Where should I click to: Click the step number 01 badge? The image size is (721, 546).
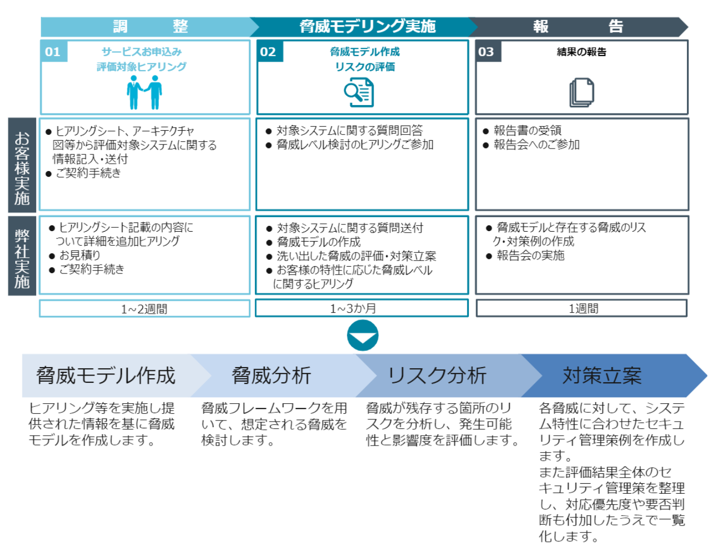(x=53, y=52)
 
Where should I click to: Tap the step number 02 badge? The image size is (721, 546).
(x=268, y=52)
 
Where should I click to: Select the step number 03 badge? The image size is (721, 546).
(x=487, y=52)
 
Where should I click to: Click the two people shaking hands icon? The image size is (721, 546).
(x=144, y=93)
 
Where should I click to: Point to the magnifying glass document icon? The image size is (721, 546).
(x=359, y=93)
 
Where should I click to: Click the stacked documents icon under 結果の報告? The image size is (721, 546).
(x=581, y=93)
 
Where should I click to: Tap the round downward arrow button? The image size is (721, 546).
(x=363, y=336)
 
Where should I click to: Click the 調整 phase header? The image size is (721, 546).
(x=149, y=26)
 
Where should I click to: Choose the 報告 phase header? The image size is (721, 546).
(x=578, y=26)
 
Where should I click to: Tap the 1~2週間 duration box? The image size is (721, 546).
(x=144, y=309)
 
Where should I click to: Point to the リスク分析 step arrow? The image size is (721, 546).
(x=437, y=376)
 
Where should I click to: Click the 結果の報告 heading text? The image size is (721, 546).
(x=581, y=52)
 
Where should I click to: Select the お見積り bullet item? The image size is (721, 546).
(x=80, y=255)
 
